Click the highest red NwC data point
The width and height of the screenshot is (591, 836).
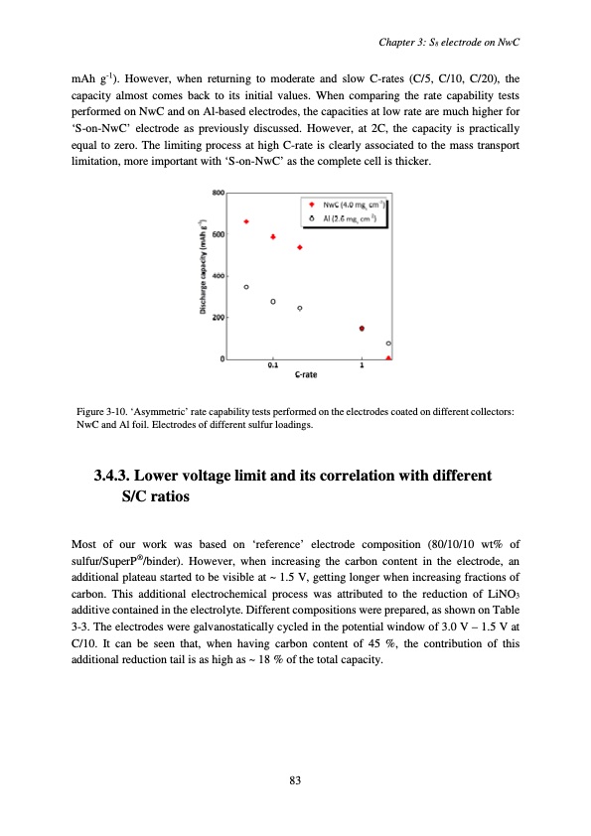click(246, 221)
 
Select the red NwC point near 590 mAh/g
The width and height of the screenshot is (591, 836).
click(273, 237)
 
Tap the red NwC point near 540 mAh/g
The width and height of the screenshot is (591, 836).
click(300, 247)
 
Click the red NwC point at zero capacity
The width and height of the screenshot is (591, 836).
click(388, 357)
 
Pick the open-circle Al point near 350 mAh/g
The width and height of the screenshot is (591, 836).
click(246, 287)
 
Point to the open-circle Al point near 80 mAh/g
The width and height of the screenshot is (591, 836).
click(388, 343)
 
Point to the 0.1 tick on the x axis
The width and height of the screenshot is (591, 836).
click(273, 365)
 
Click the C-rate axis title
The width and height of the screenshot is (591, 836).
click(307, 375)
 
